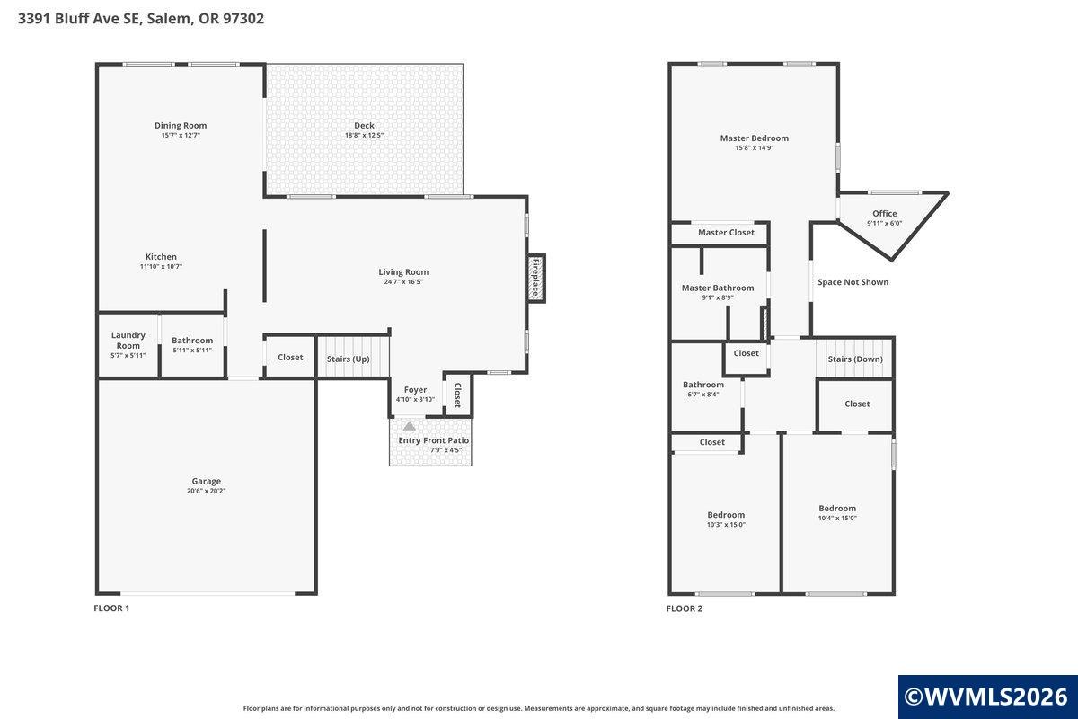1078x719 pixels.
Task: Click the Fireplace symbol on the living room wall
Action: [x=535, y=279]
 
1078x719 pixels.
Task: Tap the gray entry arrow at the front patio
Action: [x=409, y=426]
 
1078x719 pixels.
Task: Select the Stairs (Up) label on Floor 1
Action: [x=348, y=359]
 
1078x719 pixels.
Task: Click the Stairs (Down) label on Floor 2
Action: [x=855, y=359]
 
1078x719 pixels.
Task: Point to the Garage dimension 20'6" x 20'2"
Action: [x=206, y=491]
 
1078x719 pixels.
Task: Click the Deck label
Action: [x=364, y=125]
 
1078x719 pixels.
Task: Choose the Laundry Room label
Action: [x=128, y=341]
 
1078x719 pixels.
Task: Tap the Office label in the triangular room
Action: [x=885, y=213]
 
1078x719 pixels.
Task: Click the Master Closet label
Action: [x=726, y=233]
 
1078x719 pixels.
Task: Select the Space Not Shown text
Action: [x=853, y=282]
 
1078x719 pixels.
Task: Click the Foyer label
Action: [x=415, y=390]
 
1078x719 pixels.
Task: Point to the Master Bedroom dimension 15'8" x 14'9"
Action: [x=754, y=148]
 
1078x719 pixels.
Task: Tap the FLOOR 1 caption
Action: [x=111, y=608]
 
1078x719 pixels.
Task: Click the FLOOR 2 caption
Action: [x=685, y=608]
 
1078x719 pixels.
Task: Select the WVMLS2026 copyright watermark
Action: [x=986, y=697]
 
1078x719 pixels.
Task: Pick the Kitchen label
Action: [x=161, y=257]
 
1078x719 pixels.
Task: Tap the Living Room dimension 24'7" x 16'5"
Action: [x=403, y=281]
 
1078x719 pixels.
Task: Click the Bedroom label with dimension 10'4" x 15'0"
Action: [x=837, y=509]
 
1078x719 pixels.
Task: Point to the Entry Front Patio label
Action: [x=434, y=440]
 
